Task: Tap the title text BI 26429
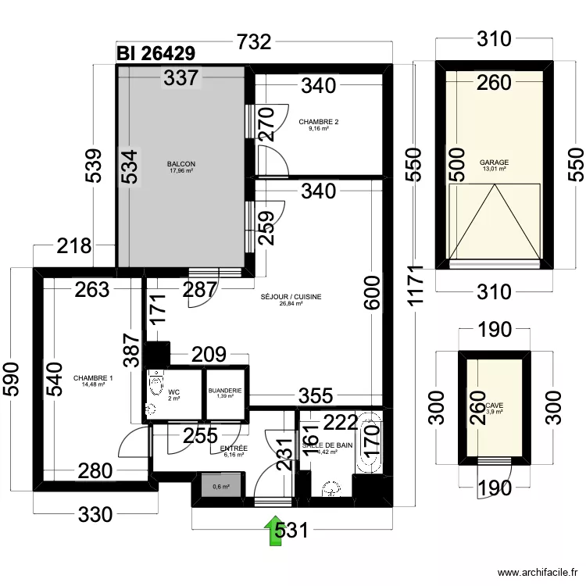tap(156, 53)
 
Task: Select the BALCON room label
tap(180, 164)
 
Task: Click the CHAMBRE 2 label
tap(319, 122)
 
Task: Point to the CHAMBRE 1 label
tap(94, 379)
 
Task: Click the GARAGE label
tap(494, 163)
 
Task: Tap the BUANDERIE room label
tap(225, 391)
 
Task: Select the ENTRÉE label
tap(235, 449)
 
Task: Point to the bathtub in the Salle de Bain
tap(367, 441)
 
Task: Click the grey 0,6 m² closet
tap(220, 486)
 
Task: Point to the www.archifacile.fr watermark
tap(531, 573)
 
